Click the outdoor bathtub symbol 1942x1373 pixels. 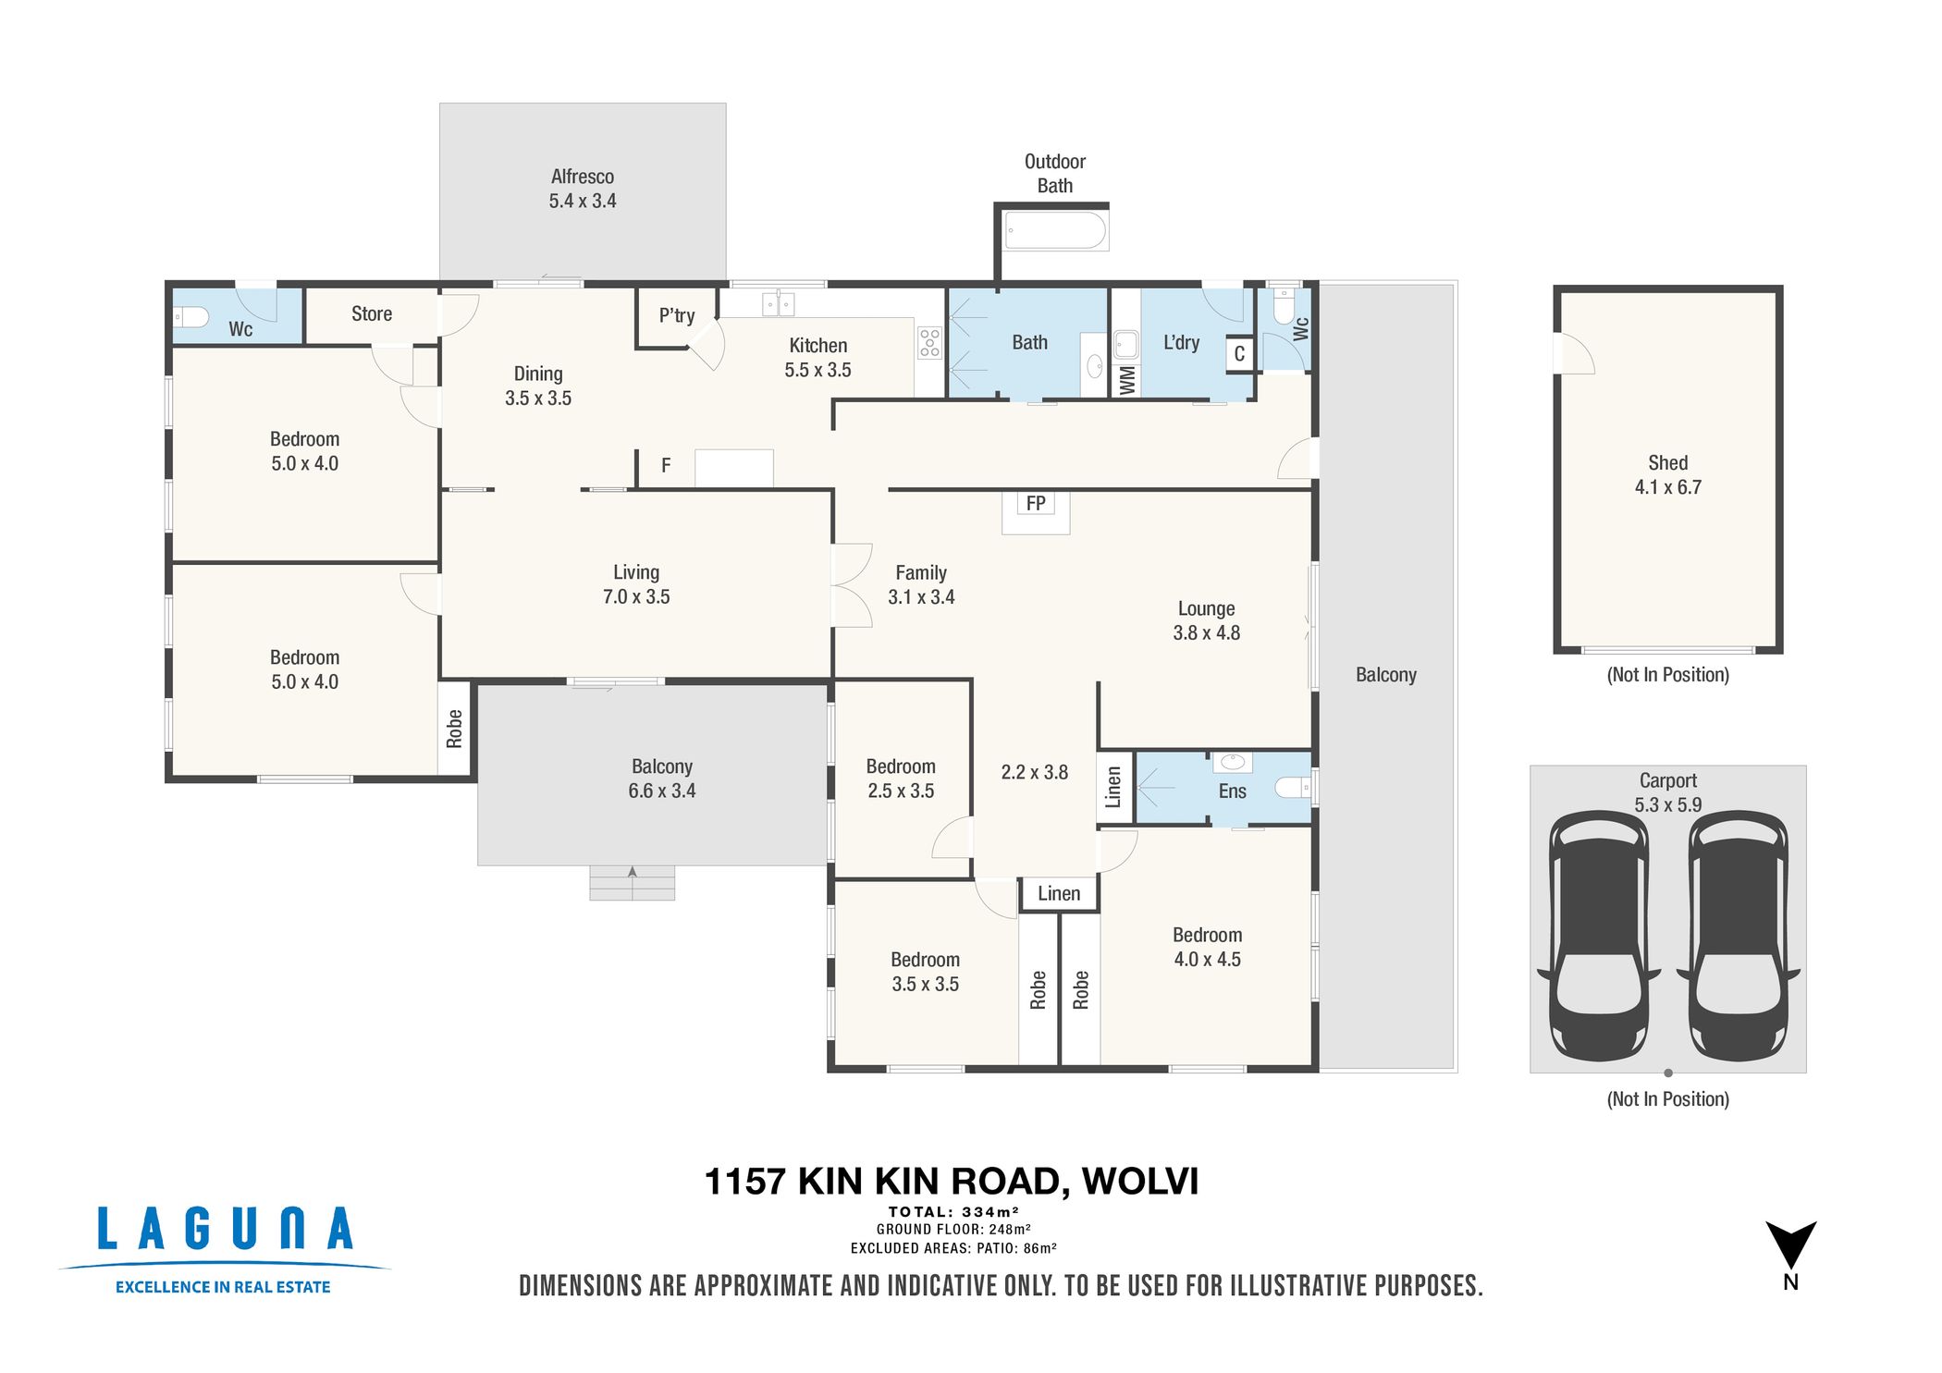[1055, 231]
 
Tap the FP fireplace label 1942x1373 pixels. [1035, 504]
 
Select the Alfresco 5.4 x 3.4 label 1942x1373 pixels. [582, 189]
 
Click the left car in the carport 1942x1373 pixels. [1598, 936]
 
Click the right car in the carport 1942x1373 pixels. [1738, 936]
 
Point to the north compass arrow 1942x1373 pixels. [1790, 1244]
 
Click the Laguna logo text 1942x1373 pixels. [225, 1230]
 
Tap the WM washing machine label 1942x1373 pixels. [1126, 380]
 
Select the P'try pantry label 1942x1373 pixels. [676, 316]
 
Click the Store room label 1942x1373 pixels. [371, 314]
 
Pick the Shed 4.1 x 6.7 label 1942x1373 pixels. [1667, 475]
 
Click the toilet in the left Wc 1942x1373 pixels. [191, 318]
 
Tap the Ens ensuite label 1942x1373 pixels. [1232, 791]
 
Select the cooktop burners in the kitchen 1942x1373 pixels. [929, 342]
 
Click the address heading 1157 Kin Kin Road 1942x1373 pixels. [951, 1182]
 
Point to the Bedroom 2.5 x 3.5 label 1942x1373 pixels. [900, 778]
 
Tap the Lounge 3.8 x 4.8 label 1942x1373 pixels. [1206, 620]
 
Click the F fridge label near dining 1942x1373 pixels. [665, 466]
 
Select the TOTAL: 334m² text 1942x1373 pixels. [953, 1212]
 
